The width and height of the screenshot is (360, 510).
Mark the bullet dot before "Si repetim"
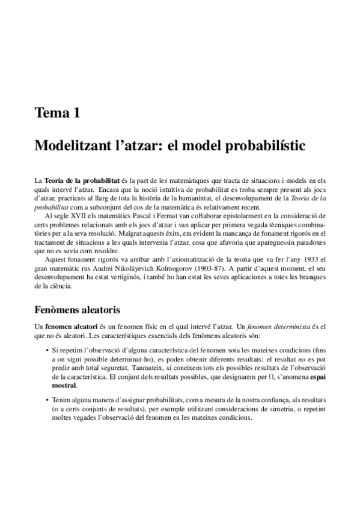pos(47,350)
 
